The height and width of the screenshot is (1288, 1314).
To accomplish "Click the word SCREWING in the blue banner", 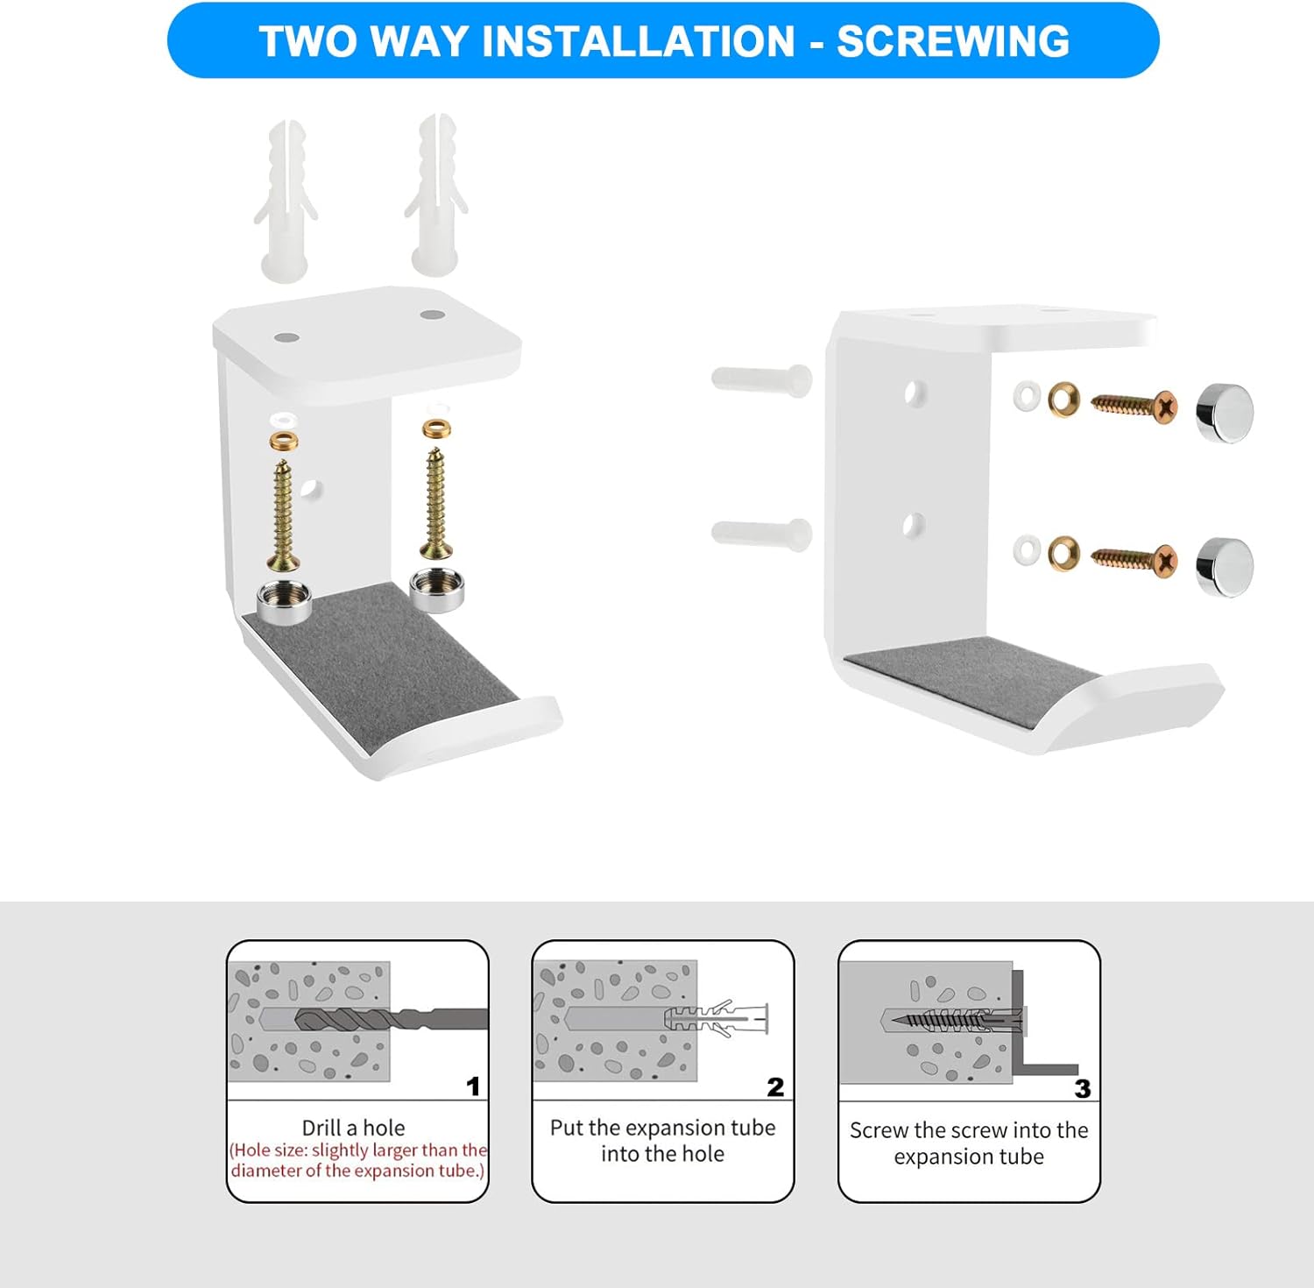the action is point(953,41).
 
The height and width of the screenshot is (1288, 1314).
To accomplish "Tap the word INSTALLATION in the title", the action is point(639,41).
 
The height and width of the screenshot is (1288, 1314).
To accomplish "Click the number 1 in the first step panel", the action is point(473,1086).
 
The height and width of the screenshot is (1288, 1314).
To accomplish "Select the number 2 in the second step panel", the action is point(775,1087).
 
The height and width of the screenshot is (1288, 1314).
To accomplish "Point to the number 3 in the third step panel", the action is point(1083,1089).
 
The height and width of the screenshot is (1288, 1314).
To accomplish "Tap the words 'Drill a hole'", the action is point(353,1128).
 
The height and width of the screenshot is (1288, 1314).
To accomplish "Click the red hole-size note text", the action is point(357,1160).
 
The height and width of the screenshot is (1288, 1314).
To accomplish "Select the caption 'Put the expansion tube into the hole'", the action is point(662,1141).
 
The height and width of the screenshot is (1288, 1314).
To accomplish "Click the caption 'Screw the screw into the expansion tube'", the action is point(969,1143).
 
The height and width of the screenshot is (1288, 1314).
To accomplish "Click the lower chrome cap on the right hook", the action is point(1225,567).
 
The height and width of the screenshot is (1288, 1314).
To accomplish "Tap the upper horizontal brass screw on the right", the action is point(1134,406).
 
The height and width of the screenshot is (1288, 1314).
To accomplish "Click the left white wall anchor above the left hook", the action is point(286,202).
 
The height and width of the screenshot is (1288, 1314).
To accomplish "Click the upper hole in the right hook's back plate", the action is point(914,393).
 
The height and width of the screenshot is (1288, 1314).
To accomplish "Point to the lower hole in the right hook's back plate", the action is point(913,525).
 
